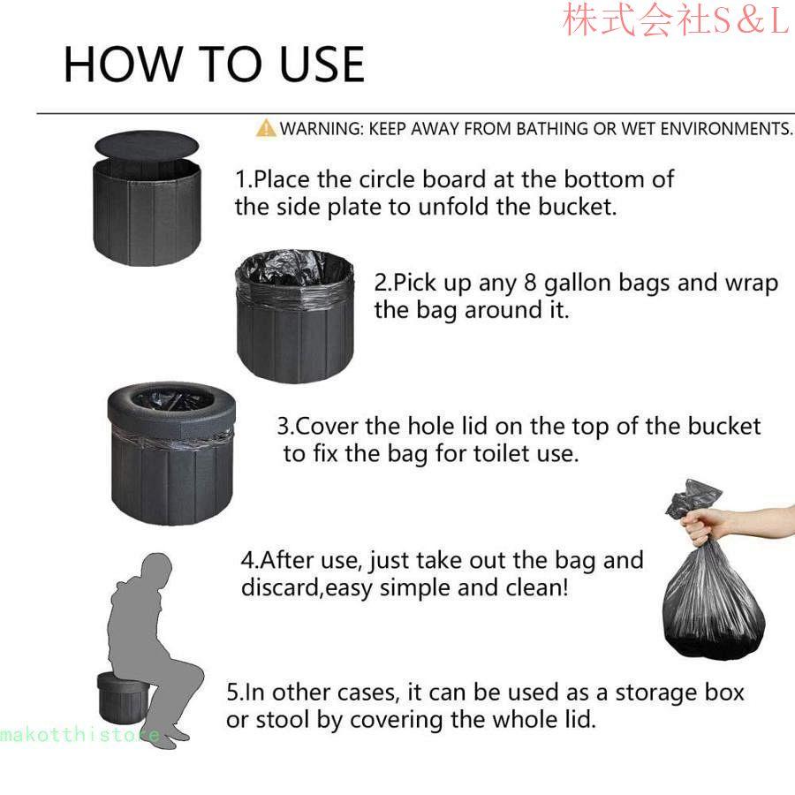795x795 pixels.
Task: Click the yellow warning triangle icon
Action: [266, 128]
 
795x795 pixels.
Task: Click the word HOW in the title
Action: [122, 64]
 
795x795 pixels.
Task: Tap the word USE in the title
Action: [322, 64]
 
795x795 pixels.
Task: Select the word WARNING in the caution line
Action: [322, 129]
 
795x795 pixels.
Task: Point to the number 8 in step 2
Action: [530, 283]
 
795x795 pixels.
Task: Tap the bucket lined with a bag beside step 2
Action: [295, 315]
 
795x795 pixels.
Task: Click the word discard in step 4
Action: [280, 588]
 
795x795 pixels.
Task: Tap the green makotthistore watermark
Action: [80, 735]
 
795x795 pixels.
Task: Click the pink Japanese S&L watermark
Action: [676, 19]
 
